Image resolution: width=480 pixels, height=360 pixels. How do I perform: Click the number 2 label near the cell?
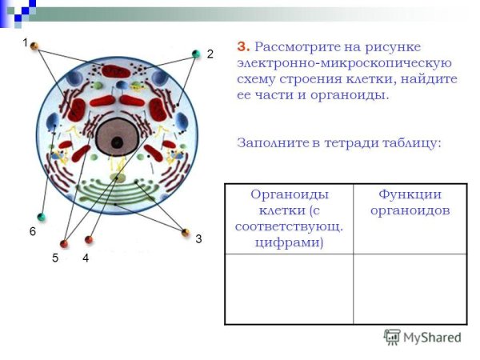210,54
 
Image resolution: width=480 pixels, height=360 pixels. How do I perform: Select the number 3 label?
198,238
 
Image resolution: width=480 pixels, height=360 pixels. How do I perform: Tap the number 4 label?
85,258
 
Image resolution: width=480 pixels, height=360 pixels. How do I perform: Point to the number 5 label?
56,258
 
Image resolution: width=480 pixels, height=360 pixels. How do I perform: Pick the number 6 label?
33,231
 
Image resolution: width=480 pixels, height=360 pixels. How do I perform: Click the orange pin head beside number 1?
34,46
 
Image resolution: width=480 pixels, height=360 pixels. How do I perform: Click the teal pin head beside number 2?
196,54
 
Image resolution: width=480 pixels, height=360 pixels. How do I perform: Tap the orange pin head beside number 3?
186,233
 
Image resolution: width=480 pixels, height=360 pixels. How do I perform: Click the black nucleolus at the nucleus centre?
117,142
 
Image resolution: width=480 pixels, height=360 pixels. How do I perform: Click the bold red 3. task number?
243,46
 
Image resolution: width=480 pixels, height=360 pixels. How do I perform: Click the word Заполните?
272,143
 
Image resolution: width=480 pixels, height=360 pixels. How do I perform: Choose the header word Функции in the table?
410,194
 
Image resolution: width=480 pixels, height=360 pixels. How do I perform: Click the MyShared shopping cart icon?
392,337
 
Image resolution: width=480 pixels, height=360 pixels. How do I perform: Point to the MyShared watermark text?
433,338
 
